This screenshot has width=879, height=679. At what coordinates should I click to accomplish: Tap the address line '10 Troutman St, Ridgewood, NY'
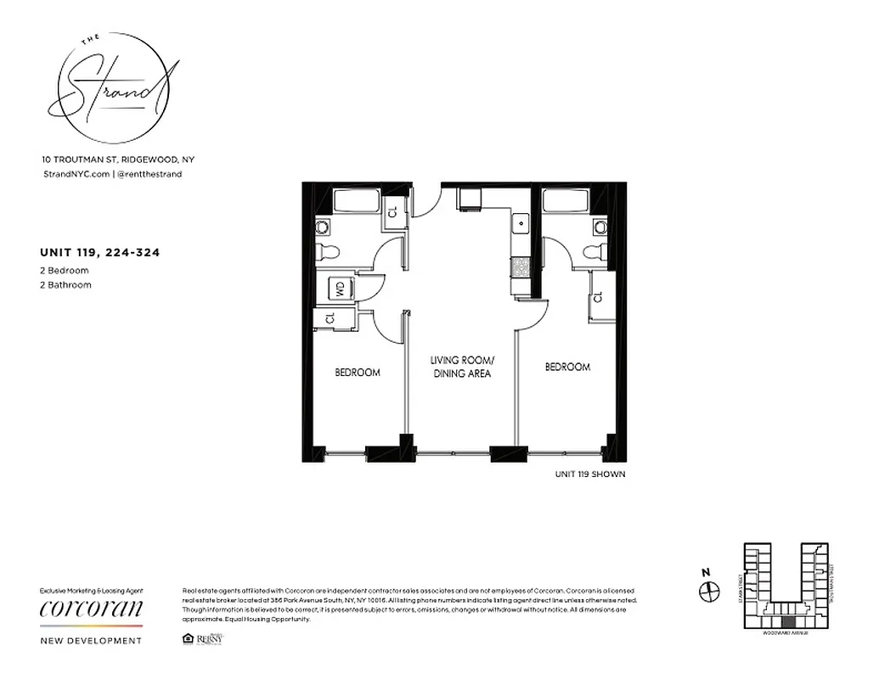(118, 160)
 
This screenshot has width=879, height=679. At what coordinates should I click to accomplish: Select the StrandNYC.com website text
(76, 174)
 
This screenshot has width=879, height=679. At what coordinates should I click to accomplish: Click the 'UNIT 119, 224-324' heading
(100, 252)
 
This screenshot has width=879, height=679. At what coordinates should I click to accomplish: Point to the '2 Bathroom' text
(65, 285)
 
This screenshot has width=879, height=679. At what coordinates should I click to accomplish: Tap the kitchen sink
(520, 226)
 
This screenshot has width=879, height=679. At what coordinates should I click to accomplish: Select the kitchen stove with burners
(520, 267)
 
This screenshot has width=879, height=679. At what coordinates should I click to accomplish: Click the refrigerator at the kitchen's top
(470, 199)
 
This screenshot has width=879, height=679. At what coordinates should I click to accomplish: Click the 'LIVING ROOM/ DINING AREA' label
(461, 367)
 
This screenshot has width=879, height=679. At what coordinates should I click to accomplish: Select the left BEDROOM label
(357, 373)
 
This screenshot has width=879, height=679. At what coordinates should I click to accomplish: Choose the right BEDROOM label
(566, 368)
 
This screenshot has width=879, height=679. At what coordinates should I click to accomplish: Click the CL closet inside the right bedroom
(599, 297)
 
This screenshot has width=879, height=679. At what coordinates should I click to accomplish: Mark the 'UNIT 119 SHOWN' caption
(589, 474)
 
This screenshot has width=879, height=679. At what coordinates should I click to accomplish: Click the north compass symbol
(708, 590)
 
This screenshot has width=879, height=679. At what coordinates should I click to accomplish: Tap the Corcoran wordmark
(92, 609)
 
